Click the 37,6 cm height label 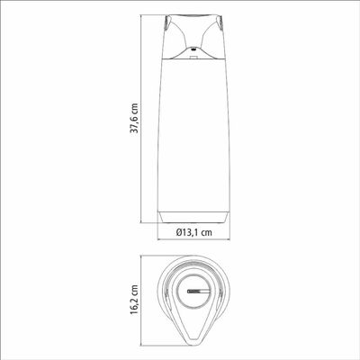click(134, 118)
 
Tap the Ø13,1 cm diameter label click(194, 232)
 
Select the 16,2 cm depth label click(135, 300)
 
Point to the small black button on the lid click(193, 49)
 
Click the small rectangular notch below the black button click(193, 56)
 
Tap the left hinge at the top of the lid click(167, 23)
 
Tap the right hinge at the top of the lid click(220, 23)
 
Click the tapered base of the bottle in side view click(193, 217)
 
